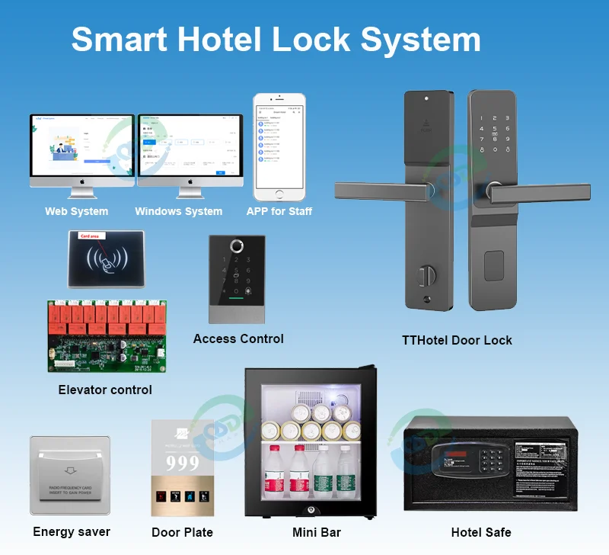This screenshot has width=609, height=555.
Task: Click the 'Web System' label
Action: click(76, 211)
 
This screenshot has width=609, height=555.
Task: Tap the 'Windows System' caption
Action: click(178, 211)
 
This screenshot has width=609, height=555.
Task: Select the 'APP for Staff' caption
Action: click(279, 211)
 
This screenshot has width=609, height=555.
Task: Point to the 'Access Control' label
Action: click(238, 338)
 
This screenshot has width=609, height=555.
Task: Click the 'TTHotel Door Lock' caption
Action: click(457, 340)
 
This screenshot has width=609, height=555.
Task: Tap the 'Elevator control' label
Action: click(105, 390)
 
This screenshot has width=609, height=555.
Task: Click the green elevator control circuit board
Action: click(107, 336)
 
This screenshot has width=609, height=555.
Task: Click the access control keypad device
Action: click(238, 279)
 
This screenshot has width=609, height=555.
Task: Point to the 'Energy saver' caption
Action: click(72, 531)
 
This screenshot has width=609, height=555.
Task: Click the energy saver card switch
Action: click(70, 474)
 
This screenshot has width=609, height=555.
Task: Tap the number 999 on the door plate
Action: click(183, 463)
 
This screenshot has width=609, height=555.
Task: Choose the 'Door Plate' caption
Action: click(182, 532)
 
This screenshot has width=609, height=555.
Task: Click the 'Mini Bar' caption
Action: click(317, 532)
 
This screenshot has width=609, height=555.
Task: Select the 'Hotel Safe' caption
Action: click(481, 532)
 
